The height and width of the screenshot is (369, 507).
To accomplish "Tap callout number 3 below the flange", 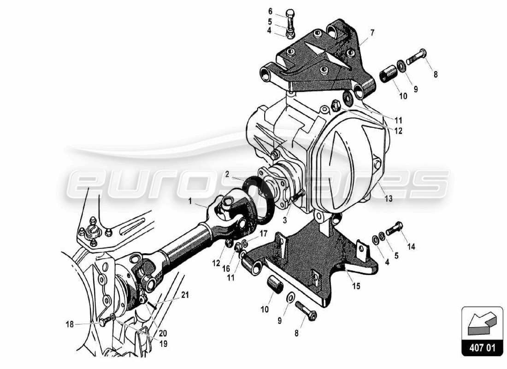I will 285,221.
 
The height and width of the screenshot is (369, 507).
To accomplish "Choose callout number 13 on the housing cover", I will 389,199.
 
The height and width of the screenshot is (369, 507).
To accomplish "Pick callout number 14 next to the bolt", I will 411,246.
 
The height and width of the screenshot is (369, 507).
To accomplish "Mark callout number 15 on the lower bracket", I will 356,286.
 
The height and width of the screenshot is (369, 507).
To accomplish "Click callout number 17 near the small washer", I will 263,234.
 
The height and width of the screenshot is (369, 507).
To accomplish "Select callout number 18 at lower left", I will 70,324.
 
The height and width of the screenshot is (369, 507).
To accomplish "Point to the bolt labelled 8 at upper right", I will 415,58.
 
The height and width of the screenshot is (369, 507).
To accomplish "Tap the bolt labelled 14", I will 392,228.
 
